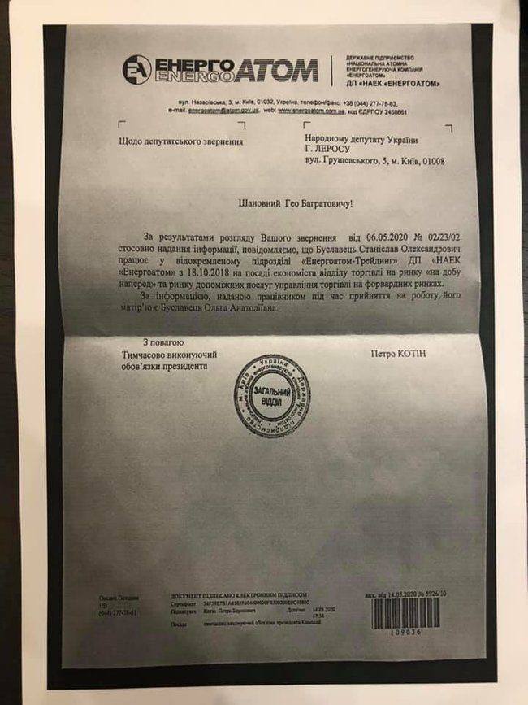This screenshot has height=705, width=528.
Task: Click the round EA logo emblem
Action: (136, 70)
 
